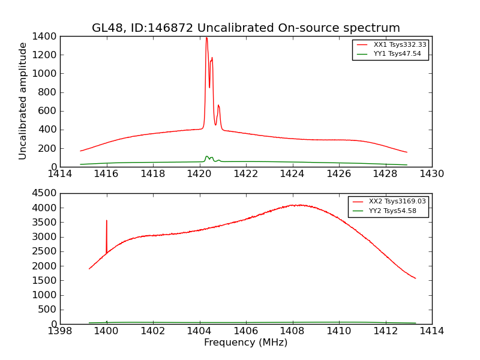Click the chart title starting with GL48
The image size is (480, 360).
pos(246,28)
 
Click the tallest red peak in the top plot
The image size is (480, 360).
pos(206,38)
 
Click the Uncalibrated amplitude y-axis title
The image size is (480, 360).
pos(23,101)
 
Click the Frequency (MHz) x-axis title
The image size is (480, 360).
pos(246,343)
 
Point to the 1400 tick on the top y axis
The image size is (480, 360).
pos(47,36)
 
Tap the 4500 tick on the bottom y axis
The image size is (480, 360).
pos(47,193)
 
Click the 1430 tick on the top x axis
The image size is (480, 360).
pos(431,174)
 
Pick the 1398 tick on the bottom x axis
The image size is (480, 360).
pos(60,331)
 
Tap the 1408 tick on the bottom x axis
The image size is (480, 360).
pos(292,331)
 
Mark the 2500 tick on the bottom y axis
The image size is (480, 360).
pos(47,251)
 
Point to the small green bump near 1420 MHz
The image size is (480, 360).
pos(207,157)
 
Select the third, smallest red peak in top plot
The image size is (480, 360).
pos(218,106)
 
